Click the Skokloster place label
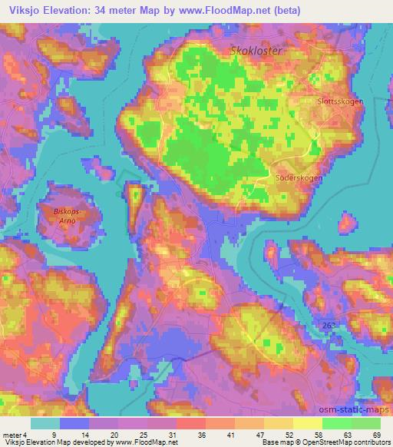[256, 51]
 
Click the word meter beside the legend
[15, 435]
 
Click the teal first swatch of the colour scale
[45, 424]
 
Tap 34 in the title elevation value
[114, 10]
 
